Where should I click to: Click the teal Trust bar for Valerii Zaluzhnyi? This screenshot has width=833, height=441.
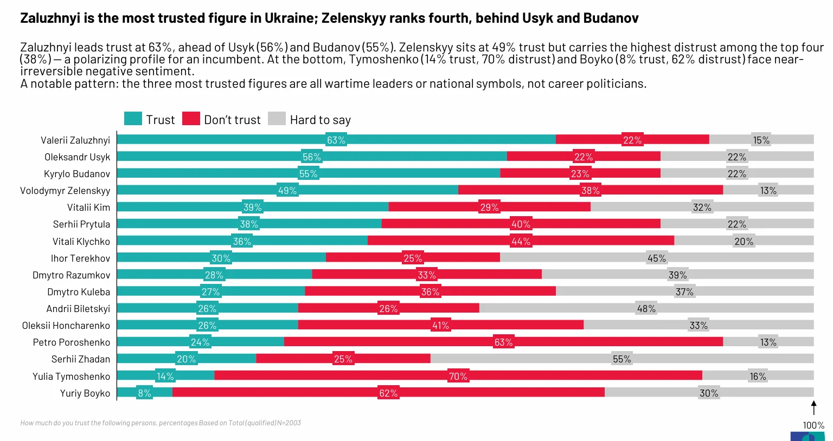[228, 140]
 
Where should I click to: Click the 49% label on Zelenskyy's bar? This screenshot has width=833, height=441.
[287, 191]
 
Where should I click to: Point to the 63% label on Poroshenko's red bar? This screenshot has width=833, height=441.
[503, 342]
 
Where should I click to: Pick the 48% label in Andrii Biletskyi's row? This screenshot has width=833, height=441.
[646, 309]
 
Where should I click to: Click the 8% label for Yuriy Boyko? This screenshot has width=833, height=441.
[144, 393]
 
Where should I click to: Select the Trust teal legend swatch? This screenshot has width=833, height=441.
[133, 119]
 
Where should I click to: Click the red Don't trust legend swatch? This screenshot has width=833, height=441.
[191, 119]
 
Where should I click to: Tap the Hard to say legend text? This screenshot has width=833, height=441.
[320, 120]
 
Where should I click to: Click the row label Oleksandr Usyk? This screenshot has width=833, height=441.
[77, 157]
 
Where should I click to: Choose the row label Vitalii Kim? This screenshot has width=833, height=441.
[88, 207]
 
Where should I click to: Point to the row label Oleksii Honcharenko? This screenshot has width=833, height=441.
[66, 326]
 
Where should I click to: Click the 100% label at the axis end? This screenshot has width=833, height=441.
[813, 425]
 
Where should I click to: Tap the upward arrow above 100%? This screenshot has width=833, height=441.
[813, 407]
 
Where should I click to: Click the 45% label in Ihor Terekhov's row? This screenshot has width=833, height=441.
[656, 258]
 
